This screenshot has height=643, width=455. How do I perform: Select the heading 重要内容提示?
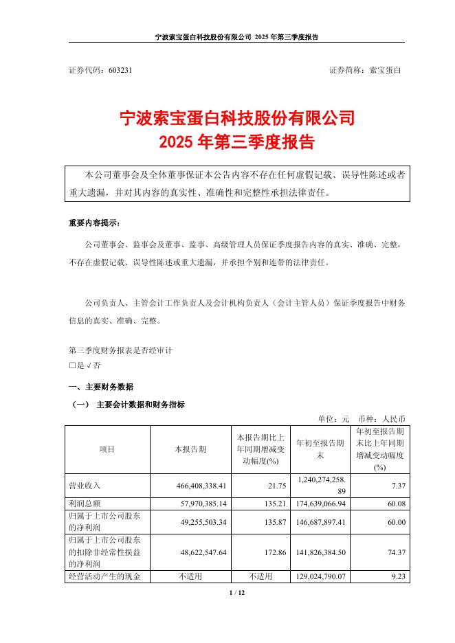click(93, 223)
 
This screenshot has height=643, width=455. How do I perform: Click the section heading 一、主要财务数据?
click(100, 387)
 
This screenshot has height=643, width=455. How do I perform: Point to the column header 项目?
click(107, 449)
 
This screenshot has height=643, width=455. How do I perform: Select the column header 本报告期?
click(190, 449)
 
